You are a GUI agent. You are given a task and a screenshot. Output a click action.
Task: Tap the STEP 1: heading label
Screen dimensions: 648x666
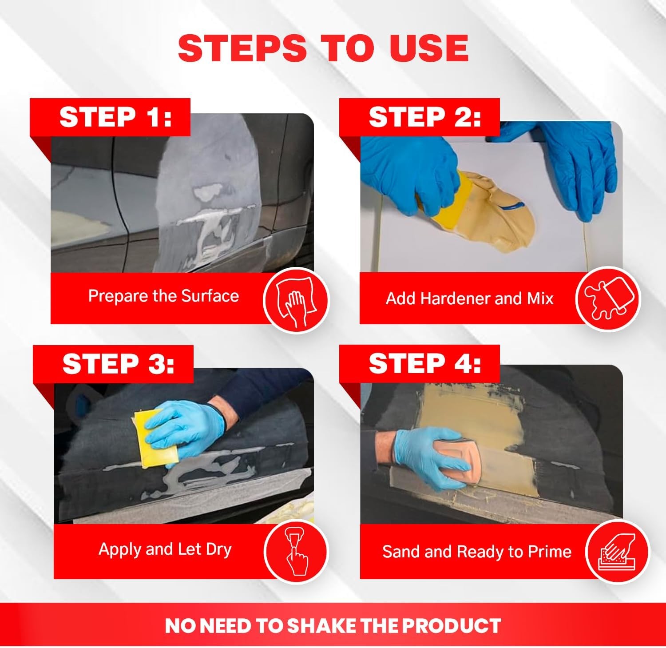click(115, 117)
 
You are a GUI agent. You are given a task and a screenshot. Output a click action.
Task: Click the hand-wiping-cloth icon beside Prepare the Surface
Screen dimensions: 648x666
click(296, 300)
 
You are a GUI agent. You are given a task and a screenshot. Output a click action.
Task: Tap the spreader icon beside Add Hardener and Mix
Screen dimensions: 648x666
click(608, 299)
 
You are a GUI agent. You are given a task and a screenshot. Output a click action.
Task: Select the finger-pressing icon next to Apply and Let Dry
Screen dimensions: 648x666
click(296, 551)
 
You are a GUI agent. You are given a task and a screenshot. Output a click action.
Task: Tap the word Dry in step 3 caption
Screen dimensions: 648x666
click(218, 549)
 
